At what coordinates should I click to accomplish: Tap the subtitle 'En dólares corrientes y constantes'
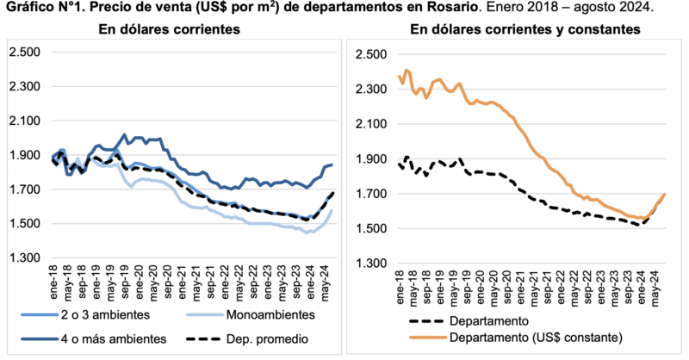tap(525, 30)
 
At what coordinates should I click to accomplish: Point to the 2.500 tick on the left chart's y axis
tap(25, 52)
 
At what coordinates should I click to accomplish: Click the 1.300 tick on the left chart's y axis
tap(25, 258)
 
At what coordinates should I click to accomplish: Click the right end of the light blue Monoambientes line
tap(333, 211)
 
